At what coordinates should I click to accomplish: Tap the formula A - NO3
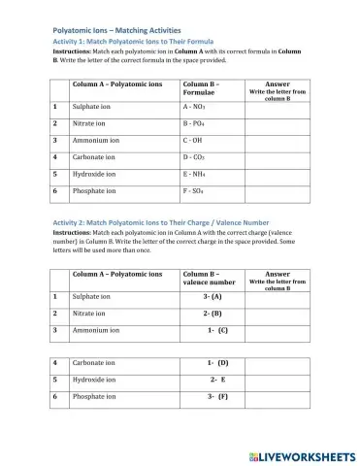196,107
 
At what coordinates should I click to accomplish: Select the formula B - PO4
196,124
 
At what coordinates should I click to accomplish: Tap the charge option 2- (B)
213,313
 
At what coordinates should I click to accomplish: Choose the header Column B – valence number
209,278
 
